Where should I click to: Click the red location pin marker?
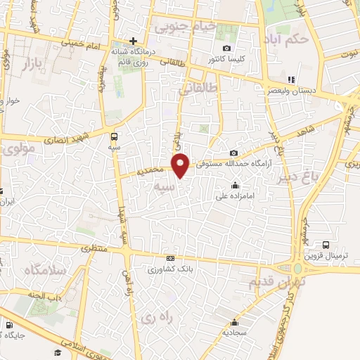(182, 165)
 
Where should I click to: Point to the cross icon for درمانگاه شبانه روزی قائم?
(132, 41)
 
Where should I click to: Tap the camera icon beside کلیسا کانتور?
(226, 48)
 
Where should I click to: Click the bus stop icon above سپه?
(114, 136)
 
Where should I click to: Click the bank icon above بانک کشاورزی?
(169, 259)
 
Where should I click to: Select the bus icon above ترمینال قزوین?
(326, 243)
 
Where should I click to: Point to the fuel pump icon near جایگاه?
(8, 325)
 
